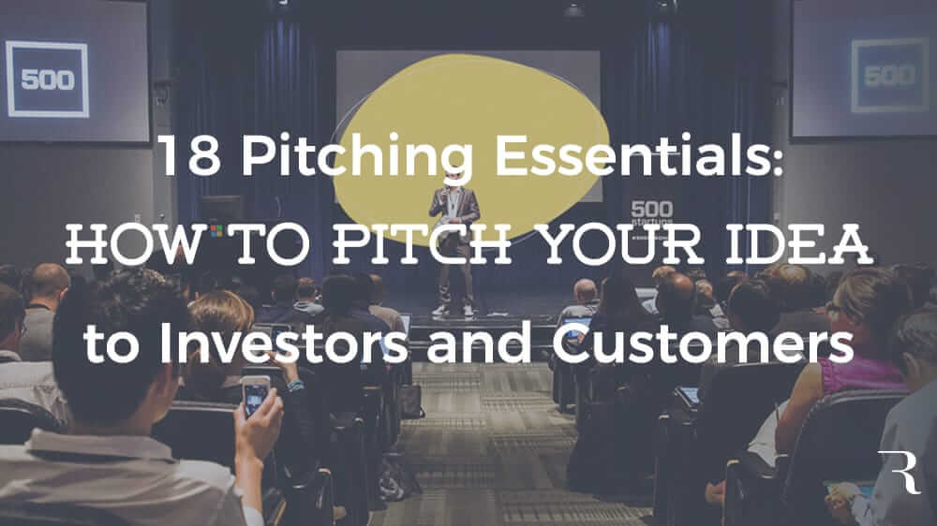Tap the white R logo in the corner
point(900,471)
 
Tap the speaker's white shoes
point(454,310)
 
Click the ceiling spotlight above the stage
point(573,9)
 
